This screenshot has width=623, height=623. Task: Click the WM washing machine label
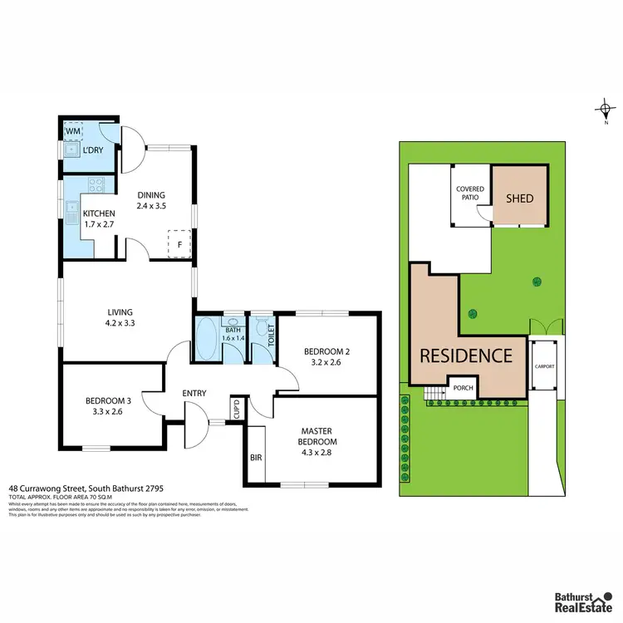[x=73, y=131]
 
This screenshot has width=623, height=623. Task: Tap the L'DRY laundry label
[x=91, y=150]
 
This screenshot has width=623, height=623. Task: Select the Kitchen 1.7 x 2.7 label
[x=99, y=219]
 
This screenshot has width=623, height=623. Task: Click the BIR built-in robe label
[x=256, y=457]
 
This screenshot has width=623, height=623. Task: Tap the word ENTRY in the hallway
[x=194, y=394]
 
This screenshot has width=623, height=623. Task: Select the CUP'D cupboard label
[x=237, y=409]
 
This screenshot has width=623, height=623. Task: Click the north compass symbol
[x=606, y=109]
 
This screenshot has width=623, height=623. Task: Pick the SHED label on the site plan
[x=520, y=199]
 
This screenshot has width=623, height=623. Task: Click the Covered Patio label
[x=470, y=194]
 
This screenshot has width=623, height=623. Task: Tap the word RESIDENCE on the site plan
[x=465, y=356]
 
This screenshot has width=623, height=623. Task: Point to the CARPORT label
[x=544, y=366]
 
